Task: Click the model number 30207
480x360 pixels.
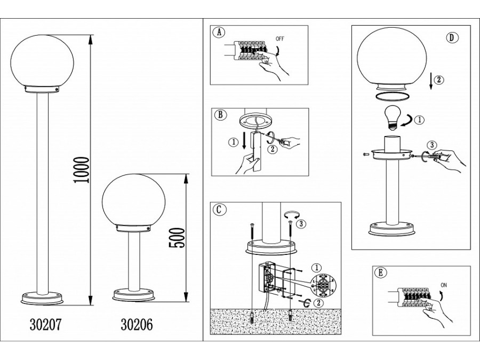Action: [46, 324]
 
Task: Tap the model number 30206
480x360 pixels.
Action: [137, 324]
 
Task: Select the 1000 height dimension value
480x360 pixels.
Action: [82, 170]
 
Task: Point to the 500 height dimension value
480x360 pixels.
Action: [177, 238]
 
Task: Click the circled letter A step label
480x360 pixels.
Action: [219, 33]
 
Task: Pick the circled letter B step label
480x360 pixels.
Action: [220, 115]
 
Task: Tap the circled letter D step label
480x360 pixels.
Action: [452, 38]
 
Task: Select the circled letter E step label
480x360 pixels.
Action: [380, 273]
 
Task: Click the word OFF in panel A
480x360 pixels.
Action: [280, 39]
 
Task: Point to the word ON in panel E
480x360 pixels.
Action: [444, 285]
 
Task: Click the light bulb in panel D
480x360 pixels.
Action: [393, 117]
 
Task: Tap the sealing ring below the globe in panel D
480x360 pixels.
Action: [392, 97]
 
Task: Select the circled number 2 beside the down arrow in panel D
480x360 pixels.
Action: [439, 80]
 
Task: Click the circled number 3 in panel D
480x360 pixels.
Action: [432, 145]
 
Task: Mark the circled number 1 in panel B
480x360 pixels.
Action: [234, 142]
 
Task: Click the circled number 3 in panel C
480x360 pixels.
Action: [301, 224]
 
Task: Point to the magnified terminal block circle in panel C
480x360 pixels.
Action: [323, 285]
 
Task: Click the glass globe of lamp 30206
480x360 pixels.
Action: [133, 201]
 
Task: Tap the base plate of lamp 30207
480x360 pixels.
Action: [42, 299]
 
